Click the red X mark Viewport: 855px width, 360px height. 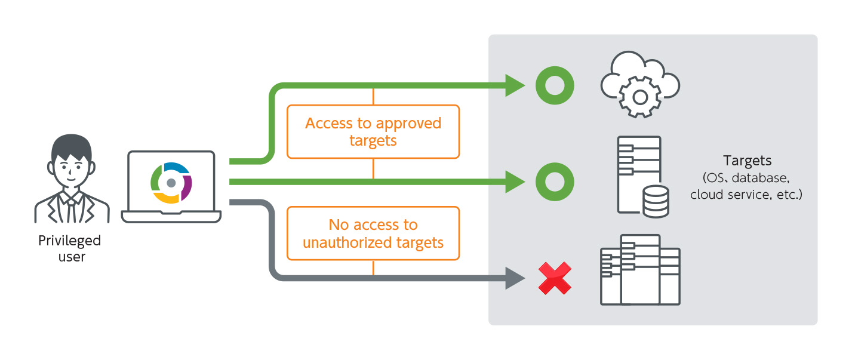(555, 278)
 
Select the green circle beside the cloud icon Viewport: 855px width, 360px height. (555, 85)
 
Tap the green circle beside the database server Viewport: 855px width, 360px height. (555, 181)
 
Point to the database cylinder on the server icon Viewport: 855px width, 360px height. (656, 202)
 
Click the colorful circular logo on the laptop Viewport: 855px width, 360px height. (171, 182)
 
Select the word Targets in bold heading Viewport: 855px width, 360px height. (747, 161)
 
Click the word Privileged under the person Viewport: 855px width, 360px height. (69, 241)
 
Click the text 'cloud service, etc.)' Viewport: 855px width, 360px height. (746, 195)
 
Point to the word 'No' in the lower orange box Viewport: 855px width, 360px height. (339, 225)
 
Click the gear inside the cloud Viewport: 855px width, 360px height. (640, 96)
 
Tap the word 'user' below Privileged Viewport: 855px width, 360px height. (72, 257)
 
